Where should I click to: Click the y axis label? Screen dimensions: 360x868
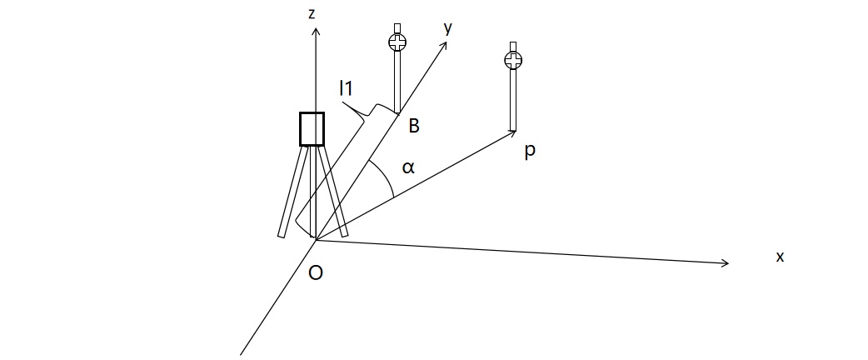[x=447, y=27]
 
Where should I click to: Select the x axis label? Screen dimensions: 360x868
[x=780, y=257]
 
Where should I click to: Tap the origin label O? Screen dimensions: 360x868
[x=315, y=272]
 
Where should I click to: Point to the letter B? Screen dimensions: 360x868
[x=413, y=126]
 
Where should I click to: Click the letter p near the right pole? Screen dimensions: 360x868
[x=530, y=152]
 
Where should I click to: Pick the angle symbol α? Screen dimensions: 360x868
[x=407, y=167]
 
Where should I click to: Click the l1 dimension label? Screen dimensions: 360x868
[x=347, y=87]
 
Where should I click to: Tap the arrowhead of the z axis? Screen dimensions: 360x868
[x=316, y=32]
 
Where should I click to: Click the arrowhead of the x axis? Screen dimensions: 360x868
[x=726, y=263]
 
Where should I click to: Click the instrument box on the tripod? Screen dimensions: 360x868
[x=312, y=128]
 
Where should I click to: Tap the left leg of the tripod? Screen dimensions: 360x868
[x=291, y=192]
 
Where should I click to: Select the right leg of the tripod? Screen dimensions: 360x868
[x=333, y=192]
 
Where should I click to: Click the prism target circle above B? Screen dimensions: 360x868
[x=398, y=42]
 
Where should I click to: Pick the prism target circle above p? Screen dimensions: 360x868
[x=514, y=60]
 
